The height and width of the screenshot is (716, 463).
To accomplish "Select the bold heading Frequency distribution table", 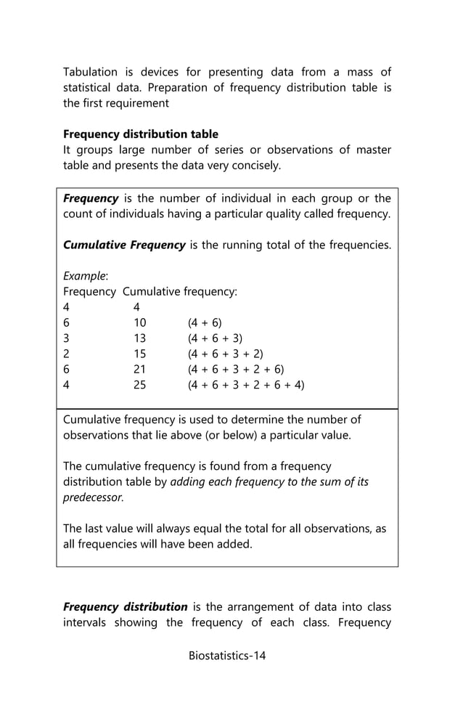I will coord(141,134).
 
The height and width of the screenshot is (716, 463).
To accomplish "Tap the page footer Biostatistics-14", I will coord(227,656).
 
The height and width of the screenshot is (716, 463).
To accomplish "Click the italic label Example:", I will coord(86,276).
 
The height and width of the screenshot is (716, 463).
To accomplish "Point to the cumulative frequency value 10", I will coord(139,322).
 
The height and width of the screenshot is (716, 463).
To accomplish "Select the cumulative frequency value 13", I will coord(139,338).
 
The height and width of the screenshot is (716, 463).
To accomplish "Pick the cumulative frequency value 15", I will coord(139,354).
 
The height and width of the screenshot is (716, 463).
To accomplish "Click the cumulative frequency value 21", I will coord(139,370).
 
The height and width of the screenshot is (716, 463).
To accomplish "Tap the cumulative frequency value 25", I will coord(139,385).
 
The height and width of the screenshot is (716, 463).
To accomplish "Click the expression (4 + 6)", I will coord(205,322).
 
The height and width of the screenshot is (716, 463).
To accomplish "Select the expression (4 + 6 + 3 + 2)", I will coord(225,354).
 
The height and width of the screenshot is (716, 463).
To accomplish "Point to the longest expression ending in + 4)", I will coord(246,385).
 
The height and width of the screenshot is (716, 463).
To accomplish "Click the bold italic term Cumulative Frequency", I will coord(124,245).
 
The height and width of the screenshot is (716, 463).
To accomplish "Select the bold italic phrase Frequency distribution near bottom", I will coord(125,606).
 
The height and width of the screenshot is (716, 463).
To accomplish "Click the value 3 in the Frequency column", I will coord(66,338).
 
